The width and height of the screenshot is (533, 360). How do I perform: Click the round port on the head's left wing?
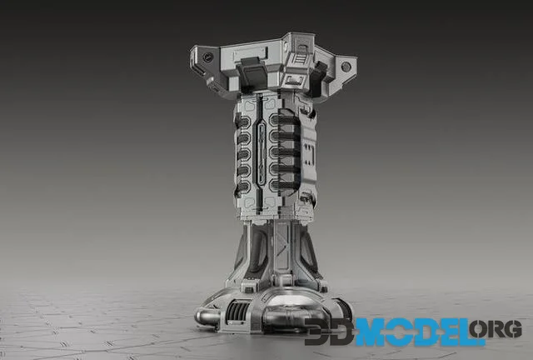(207, 57)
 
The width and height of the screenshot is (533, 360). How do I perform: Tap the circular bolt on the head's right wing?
(346, 66)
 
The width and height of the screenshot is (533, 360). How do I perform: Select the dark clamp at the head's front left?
(251, 75)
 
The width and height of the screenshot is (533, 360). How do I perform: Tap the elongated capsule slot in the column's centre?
(262, 155)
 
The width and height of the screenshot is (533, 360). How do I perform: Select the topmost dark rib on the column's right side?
(286, 119)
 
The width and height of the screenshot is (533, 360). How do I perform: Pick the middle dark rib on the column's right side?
(286, 152)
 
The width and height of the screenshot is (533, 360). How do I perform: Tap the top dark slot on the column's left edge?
(243, 120)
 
